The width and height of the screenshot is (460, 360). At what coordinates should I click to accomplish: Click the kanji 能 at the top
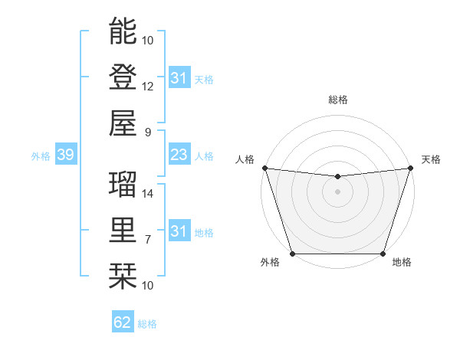[123, 31]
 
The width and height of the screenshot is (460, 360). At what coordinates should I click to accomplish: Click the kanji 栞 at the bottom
[123, 275]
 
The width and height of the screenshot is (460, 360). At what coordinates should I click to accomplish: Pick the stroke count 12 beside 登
[148, 86]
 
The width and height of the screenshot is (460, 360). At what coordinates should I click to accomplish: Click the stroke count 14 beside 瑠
[148, 193]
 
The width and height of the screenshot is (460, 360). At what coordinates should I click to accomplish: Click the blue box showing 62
[123, 322]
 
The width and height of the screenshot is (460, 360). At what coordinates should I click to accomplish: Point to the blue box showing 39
[65, 155]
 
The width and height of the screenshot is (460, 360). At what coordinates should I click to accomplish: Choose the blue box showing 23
[179, 155]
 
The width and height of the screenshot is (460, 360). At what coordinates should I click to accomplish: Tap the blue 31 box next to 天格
[179, 78]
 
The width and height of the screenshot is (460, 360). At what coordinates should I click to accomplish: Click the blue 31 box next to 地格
[179, 231]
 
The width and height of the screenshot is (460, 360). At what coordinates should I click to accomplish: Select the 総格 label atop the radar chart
[337, 100]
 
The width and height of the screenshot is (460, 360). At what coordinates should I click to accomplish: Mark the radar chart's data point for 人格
[264, 168]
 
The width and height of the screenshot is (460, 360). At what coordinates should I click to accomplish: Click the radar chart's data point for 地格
[383, 254]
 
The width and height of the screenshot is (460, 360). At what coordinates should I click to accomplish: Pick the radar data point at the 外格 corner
[292, 254]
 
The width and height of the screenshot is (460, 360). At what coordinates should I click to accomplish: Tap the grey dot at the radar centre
[337, 191]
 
